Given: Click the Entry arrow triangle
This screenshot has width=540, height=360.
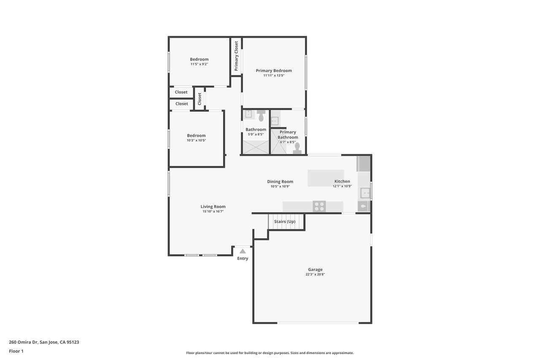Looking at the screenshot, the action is coord(243,251).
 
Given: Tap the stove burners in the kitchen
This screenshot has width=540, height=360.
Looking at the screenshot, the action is coord(319,207).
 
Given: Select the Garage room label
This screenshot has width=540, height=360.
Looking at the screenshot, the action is coord(315,270).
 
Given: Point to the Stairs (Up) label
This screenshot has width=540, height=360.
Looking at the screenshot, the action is coord(285,221).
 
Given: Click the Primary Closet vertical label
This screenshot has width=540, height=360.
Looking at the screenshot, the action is coord(236,56).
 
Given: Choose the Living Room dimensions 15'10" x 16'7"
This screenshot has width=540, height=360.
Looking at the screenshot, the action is coord(213,211).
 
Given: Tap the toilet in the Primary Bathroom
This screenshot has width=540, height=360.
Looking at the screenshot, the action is coord(297,148).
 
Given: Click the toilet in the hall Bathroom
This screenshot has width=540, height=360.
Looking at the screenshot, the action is coord(261,116).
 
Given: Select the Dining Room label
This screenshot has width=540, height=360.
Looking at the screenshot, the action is coord(280,181).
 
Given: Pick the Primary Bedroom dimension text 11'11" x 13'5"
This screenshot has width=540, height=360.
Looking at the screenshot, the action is coord(274,76).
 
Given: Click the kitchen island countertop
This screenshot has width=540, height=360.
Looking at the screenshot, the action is coord(326,178).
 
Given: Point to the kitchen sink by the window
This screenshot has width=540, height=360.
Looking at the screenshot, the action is coord(365,193).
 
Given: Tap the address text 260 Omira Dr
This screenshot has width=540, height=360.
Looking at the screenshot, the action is coord(23,342).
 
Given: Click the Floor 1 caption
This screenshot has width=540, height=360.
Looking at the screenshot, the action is coord(16,351).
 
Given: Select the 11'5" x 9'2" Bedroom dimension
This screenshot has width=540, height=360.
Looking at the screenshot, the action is coord(199,64).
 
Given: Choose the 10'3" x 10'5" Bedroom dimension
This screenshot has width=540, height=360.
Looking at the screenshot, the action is coord(196,141).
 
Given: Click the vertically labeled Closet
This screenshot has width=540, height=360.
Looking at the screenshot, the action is coord(200,99).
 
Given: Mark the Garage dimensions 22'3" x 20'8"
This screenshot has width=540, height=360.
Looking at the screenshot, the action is coord(315,274).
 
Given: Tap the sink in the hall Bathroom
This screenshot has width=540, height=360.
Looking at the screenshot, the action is coord(248,114).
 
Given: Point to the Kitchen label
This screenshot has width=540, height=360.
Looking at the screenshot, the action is coord(342,181).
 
